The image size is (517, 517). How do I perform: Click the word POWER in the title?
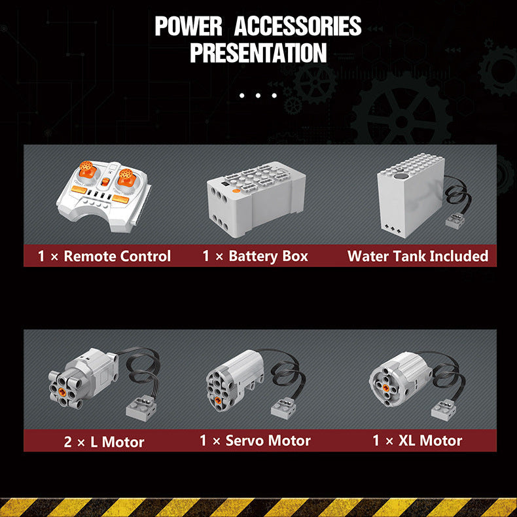(188, 26)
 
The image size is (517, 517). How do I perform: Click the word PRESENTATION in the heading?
(258, 53)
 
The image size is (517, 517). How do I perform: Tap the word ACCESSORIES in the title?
(298, 26)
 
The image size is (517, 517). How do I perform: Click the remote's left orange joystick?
(88, 169)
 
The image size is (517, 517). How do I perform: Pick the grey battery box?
(256, 199)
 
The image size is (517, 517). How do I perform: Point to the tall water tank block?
(411, 196)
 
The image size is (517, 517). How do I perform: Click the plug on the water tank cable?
(455, 221)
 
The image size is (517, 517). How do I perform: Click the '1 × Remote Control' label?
(104, 256)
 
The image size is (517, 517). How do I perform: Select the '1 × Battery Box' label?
(255, 256)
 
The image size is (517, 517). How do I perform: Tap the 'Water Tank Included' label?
(418, 256)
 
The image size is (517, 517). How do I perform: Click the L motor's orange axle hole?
(62, 391)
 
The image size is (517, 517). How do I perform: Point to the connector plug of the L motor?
(141, 408)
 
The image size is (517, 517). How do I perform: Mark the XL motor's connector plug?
(444, 410)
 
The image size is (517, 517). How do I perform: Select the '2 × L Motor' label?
(104, 442)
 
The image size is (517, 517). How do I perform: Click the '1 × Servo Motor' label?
(255, 440)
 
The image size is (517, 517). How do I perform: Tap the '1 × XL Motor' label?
(418, 440)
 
